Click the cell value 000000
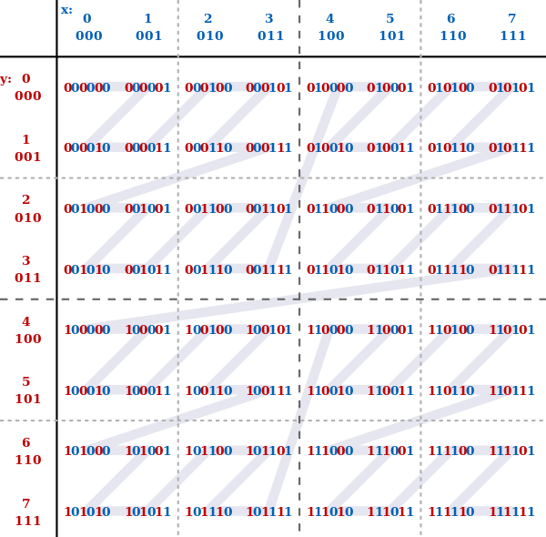87,87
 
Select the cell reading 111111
511,512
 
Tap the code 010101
511,87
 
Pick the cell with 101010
87,512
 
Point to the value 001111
268,269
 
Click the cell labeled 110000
330,329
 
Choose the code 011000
330,208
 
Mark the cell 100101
268,329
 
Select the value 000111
268,147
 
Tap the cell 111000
330,451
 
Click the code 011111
511,269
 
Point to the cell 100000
87,329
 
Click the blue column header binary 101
391,35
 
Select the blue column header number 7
511,18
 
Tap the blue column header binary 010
210,35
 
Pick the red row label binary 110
28,460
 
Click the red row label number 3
26,260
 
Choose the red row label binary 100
28,339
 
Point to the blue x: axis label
66,10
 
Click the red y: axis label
5,80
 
